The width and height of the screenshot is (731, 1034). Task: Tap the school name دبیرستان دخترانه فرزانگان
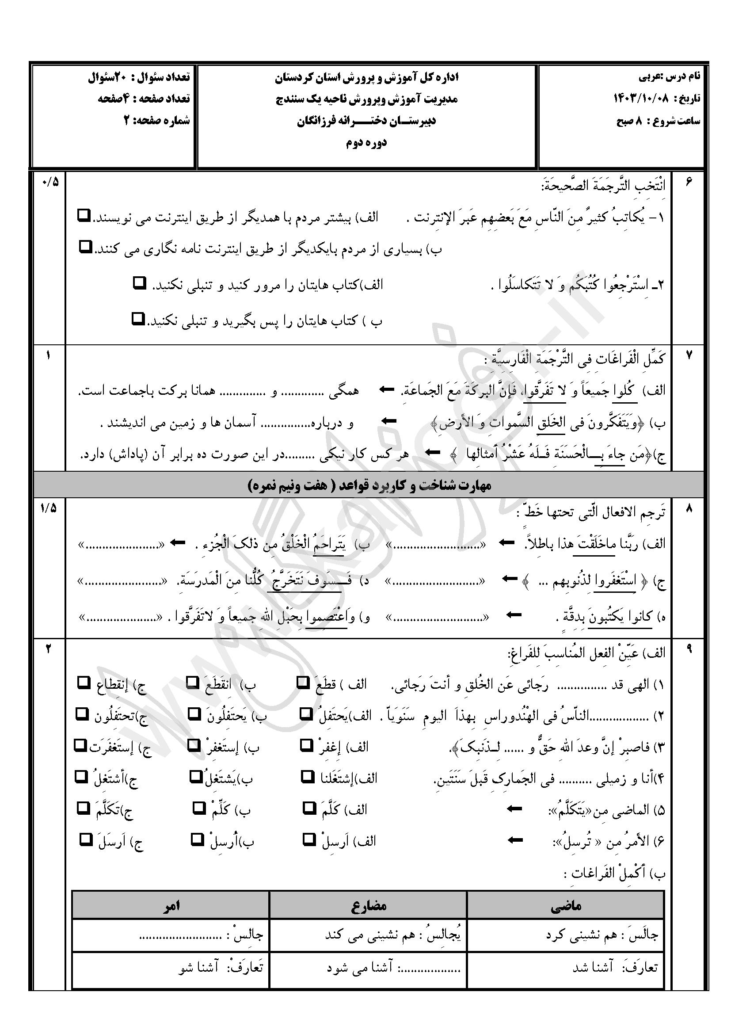click(366, 121)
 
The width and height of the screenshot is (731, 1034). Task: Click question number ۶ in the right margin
click(689, 182)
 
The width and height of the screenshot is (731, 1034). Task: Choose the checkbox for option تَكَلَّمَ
click(83, 808)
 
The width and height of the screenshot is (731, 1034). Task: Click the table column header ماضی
click(566, 905)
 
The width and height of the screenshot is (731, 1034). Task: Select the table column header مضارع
click(368, 905)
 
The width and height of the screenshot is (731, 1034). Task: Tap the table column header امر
click(171, 905)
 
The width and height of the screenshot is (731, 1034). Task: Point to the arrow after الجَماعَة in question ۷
click(386, 389)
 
